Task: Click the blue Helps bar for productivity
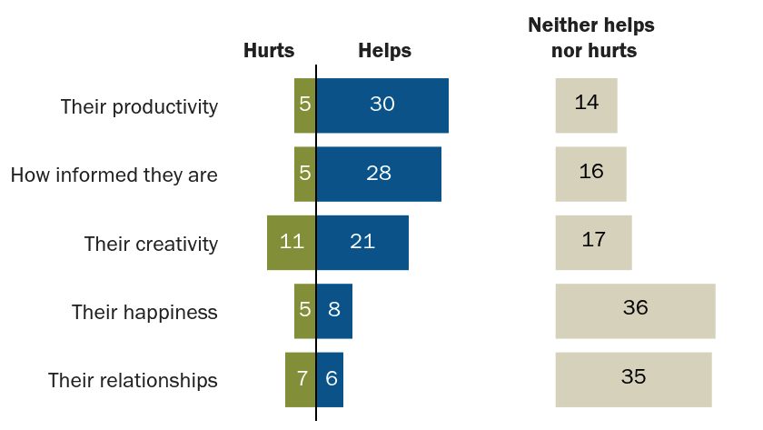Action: (x=382, y=105)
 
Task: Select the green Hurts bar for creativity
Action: (x=291, y=243)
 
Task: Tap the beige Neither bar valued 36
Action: (x=636, y=311)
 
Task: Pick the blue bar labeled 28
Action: (x=379, y=174)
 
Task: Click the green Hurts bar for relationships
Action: (x=301, y=380)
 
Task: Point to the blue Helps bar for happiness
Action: (x=334, y=311)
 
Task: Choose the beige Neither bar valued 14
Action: (x=587, y=105)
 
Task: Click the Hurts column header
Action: (x=269, y=50)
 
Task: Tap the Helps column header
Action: (x=385, y=50)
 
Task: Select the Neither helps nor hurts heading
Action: (x=592, y=37)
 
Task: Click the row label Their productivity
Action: (x=139, y=107)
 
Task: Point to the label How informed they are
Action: (x=114, y=175)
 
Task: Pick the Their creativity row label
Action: (x=151, y=244)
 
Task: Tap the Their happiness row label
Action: (x=144, y=312)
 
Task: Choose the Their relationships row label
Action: (x=133, y=380)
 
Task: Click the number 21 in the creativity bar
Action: (x=362, y=242)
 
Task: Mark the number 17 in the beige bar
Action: (x=594, y=240)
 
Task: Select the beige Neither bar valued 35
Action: (x=634, y=380)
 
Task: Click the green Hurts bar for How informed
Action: (x=305, y=174)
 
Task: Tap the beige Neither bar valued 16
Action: (x=590, y=174)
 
